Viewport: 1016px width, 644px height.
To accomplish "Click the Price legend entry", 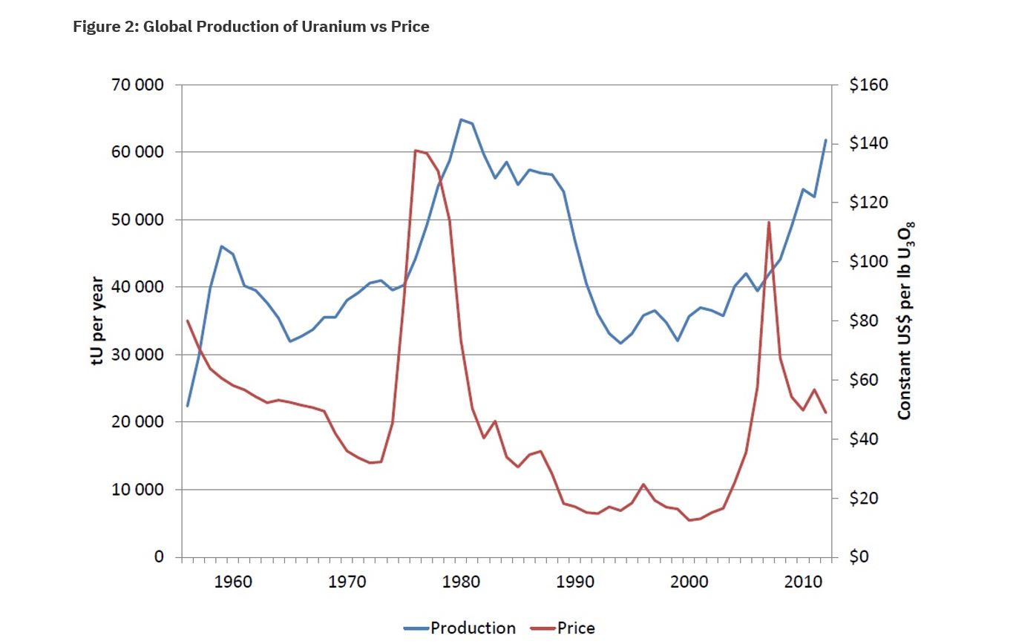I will (x=563, y=628).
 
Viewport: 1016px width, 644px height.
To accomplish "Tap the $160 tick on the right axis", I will (x=868, y=85).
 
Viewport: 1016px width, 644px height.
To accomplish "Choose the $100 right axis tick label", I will (x=868, y=262).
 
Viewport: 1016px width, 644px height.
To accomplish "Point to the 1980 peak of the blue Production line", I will (x=461, y=119).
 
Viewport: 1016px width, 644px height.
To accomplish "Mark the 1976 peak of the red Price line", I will (x=416, y=151).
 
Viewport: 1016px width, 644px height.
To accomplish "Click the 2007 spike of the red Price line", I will (x=769, y=222).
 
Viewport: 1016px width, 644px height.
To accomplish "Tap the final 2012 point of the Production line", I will (x=825, y=140).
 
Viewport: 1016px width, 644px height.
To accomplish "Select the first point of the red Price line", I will (x=187, y=321).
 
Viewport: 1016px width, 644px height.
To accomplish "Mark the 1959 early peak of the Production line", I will (x=221, y=246).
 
